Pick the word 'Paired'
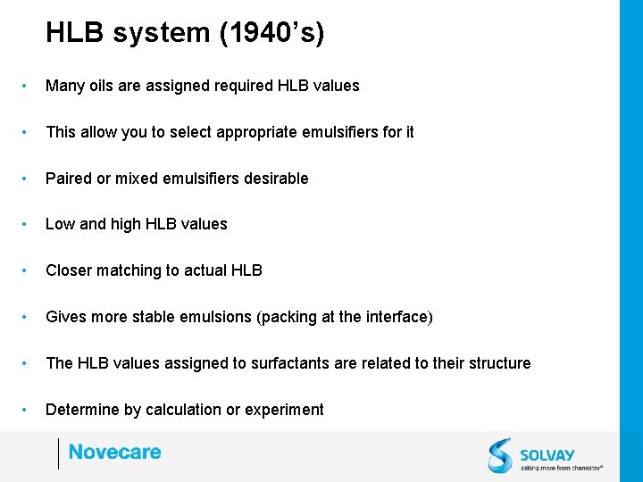tap(68, 179)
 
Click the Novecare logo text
tap(114, 453)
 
